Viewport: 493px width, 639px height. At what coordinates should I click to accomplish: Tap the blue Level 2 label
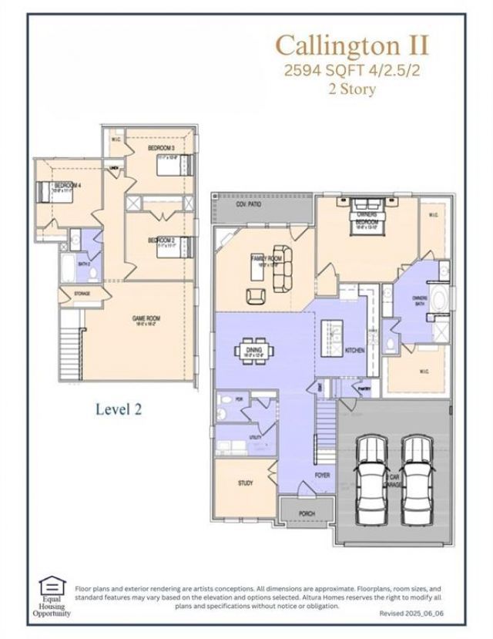tap(119, 409)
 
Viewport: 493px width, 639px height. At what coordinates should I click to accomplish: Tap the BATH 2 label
tap(85, 264)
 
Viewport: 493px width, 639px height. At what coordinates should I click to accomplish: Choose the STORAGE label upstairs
tap(83, 294)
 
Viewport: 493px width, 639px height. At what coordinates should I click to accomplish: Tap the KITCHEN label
tap(354, 350)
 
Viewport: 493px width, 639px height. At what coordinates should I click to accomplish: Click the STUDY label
tap(245, 483)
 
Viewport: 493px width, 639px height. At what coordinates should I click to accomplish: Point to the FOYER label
tap(323, 476)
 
